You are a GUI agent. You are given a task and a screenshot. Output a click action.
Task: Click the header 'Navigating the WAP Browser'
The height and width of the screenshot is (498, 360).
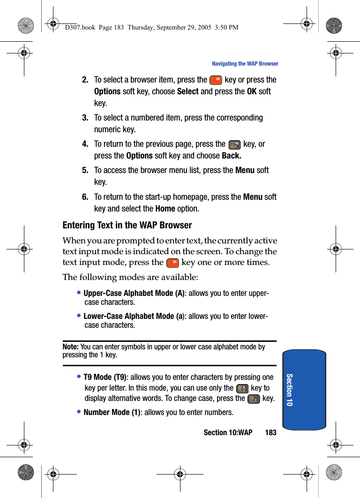click(245, 64)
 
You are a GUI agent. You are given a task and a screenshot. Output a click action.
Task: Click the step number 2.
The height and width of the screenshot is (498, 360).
click(85, 80)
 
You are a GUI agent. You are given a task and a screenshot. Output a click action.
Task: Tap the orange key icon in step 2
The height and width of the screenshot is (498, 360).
click(216, 80)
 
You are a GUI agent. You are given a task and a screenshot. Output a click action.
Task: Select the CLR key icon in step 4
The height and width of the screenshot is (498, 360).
click(234, 144)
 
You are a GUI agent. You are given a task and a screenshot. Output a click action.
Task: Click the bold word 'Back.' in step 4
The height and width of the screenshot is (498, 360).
click(232, 156)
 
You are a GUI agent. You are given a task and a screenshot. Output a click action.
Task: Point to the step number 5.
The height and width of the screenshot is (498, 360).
click(85, 170)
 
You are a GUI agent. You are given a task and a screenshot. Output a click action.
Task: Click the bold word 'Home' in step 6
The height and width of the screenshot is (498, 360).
click(165, 209)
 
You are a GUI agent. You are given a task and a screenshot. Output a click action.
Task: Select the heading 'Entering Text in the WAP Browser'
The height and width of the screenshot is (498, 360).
click(127, 226)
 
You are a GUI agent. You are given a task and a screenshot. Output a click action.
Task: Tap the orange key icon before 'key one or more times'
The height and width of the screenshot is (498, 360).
click(172, 262)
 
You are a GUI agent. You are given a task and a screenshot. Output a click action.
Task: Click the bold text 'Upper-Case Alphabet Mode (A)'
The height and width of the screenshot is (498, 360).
click(134, 294)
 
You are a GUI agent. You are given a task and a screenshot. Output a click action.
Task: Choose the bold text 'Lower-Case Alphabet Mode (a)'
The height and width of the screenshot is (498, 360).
click(133, 317)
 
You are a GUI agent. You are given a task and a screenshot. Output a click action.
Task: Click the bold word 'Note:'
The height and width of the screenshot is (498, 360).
click(70, 347)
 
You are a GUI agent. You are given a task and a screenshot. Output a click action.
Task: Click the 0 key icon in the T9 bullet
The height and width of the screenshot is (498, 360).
click(242, 388)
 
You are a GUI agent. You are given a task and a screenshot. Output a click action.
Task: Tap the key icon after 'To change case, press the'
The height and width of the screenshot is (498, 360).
click(254, 399)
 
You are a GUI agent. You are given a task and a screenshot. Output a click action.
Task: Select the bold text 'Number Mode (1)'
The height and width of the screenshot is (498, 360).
click(112, 413)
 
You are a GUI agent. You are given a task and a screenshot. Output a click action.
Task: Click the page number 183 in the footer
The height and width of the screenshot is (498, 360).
click(270, 432)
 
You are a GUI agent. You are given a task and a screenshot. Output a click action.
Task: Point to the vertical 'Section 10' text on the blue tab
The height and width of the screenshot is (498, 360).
click(289, 390)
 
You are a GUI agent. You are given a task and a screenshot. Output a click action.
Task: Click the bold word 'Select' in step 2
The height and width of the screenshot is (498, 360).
click(187, 92)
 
